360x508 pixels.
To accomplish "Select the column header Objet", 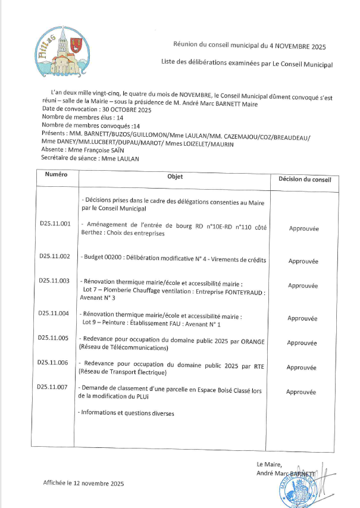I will click(176, 177).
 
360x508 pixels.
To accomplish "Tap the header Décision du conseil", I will click(304, 179).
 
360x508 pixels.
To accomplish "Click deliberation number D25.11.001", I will click(55, 224).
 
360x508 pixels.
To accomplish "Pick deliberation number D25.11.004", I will click(54, 313).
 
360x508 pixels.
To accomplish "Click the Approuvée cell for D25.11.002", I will click(303, 261).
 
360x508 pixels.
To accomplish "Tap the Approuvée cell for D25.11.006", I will click(302, 367).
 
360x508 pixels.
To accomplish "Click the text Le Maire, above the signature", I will click(269, 464).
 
